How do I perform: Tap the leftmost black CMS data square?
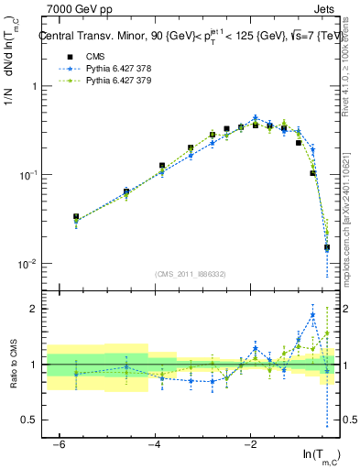76,217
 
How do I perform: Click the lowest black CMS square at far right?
326,247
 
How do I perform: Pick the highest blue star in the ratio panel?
312,316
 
